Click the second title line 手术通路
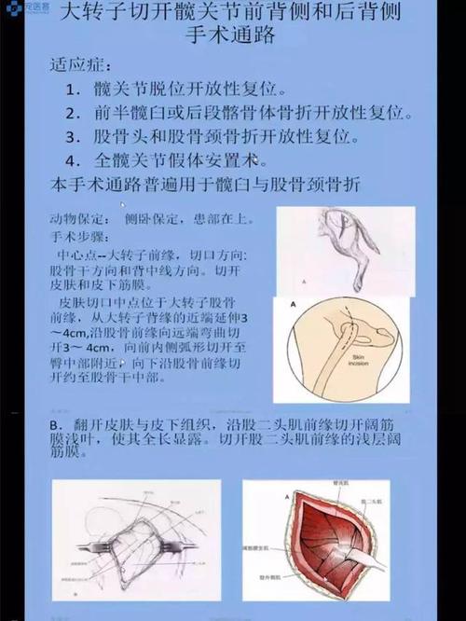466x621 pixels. (x=233, y=42)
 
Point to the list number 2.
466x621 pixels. (x=75, y=114)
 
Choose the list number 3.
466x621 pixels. (x=75, y=136)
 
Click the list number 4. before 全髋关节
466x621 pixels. (x=75, y=159)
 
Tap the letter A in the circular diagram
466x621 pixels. (x=295, y=305)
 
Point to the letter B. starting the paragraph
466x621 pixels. (x=58, y=425)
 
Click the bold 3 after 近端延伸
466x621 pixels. (x=267, y=320)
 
